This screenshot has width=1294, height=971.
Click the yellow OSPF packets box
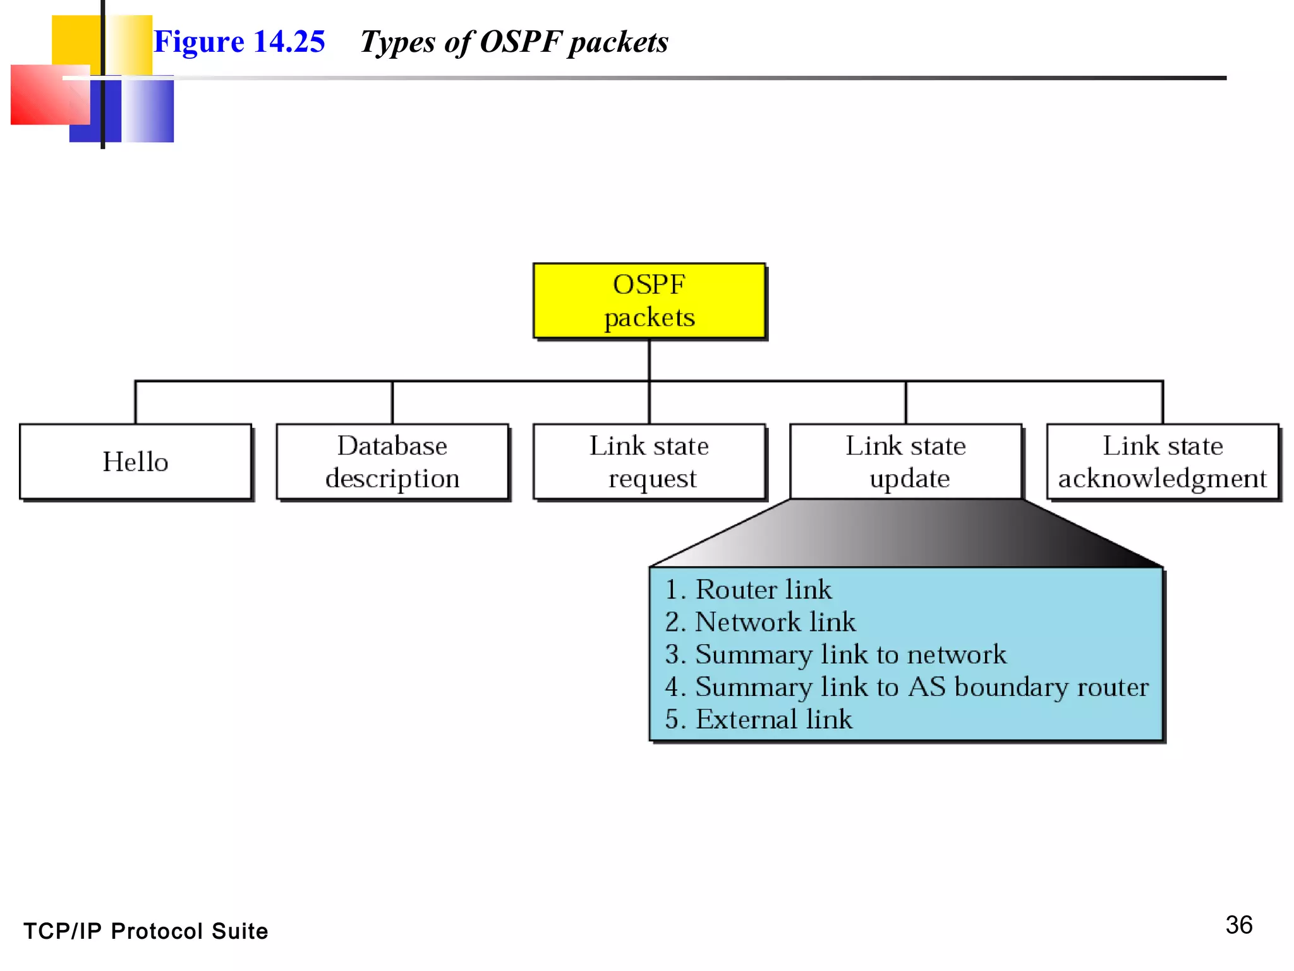(x=649, y=301)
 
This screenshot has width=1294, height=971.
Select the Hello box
(x=135, y=461)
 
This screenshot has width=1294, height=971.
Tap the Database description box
(x=392, y=461)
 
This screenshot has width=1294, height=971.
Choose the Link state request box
(x=649, y=461)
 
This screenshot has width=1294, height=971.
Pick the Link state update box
(x=905, y=461)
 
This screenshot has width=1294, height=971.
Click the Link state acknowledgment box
(x=1163, y=461)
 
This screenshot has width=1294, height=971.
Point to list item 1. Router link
(x=749, y=589)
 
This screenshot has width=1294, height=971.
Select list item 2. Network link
(x=761, y=621)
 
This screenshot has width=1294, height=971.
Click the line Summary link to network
(x=836, y=654)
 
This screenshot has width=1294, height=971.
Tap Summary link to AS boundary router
(x=907, y=687)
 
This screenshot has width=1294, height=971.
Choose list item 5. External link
(x=759, y=719)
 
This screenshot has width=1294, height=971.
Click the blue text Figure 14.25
(x=239, y=42)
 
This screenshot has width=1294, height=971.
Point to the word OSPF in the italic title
(x=521, y=42)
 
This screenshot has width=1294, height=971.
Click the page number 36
(x=1238, y=925)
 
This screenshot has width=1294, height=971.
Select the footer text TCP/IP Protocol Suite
(x=146, y=931)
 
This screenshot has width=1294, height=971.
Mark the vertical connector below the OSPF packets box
(x=649, y=360)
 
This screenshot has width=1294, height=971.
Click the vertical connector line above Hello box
(x=136, y=403)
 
